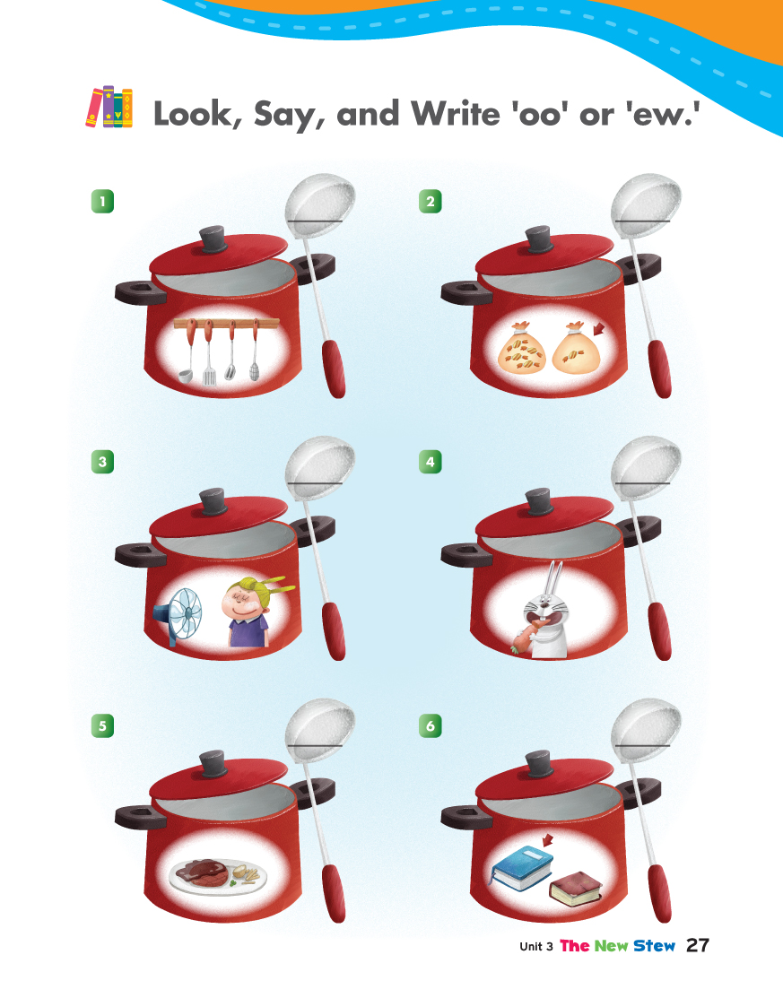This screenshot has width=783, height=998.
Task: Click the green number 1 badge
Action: click(x=102, y=202)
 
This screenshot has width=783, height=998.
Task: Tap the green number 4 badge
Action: click(x=431, y=462)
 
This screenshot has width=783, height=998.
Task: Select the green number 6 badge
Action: click(x=431, y=725)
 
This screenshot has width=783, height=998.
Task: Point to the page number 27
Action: click(x=698, y=945)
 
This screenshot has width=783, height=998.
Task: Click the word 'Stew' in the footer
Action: click(x=654, y=946)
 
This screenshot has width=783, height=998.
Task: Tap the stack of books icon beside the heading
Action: click(x=109, y=107)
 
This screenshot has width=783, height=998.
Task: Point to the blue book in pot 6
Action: click(x=522, y=868)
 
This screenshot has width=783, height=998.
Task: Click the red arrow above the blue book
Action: click(x=546, y=840)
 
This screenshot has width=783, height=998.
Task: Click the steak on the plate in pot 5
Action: click(x=203, y=872)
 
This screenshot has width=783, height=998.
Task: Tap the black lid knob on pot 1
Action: click(x=213, y=239)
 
